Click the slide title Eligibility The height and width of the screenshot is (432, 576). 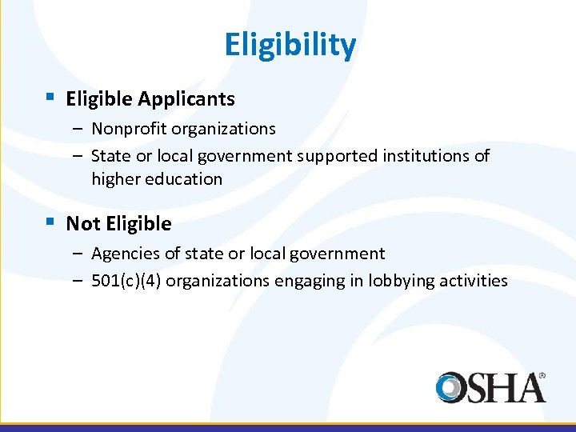[290, 45]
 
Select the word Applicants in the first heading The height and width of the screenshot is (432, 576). [186, 99]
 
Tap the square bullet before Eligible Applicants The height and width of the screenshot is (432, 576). [50, 98]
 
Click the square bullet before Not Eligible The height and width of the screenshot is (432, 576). [50, 222]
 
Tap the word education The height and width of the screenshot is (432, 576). [185, 179]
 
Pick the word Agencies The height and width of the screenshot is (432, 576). [125, 254]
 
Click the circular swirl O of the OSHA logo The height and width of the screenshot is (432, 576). [452, 387]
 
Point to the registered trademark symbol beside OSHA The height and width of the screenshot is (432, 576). [542, 374]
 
